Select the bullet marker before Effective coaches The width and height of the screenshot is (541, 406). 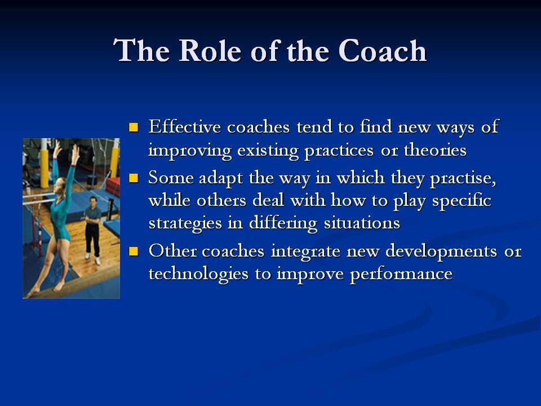click(133, 127)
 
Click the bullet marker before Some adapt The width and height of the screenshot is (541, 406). click(133, 178)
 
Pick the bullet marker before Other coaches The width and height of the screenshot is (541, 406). click(133, 251)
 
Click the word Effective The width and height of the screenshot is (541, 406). click(185, 126)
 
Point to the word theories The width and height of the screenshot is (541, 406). click(435, 150)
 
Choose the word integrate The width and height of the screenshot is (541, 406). click(305, 251)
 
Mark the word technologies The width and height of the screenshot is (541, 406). click(198, 275)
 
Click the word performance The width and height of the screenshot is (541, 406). click(401, 275)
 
